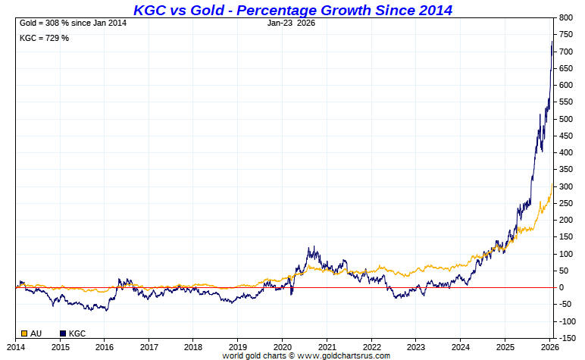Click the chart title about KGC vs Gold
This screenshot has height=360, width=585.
point(292,10)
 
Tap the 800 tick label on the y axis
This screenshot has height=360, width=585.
point(565,18)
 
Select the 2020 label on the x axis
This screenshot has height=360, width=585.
point(282,346)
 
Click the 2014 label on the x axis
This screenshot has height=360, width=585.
point(16,346)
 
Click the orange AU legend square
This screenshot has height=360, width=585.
point(25,333)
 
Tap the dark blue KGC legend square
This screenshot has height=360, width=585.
point(63,333)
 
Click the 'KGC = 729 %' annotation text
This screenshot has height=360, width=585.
point(44,38)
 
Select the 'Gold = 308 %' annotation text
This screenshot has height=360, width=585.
point(72,23)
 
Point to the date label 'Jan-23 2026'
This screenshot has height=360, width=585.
point(291,23)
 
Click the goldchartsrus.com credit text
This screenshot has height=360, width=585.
point(305,355)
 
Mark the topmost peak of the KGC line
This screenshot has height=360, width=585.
point(552,42)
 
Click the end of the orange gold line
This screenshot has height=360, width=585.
point(552,183)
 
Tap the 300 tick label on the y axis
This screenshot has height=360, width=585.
point(565,186)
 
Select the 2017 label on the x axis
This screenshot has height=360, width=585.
point(149,346)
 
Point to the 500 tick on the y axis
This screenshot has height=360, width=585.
point(565,119)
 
